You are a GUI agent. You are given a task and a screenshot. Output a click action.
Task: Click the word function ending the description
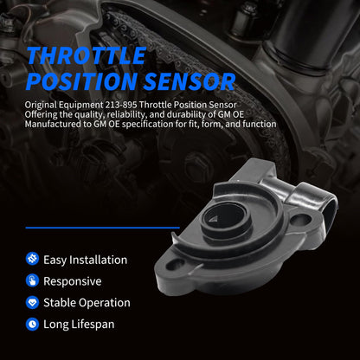pos(256,124)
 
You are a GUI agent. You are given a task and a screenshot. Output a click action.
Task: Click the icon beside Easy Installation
pos(32,260)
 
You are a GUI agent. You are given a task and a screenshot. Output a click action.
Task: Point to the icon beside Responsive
pos(32,281)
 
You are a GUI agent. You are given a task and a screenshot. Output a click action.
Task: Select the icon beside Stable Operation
pos(32,303)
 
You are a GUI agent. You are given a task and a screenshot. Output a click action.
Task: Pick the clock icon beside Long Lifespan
pos(32,325)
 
